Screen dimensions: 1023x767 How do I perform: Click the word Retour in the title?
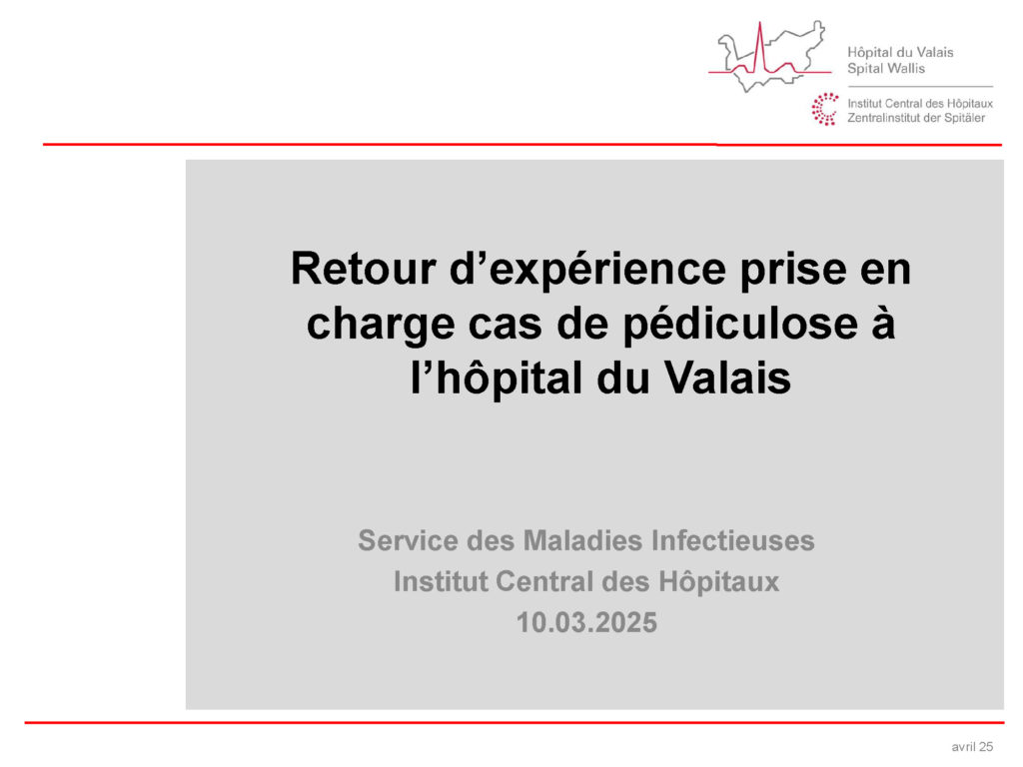[x=364, y=269]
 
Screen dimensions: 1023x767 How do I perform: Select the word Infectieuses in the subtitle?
[x=733, y=540]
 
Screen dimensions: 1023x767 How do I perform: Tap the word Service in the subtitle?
[x=409, y=540]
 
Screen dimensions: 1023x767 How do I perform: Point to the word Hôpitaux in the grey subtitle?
[x=719, y=582]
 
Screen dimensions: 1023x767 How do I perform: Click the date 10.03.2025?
[x=586, y=623]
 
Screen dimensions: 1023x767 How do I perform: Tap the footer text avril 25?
[x=972, y=747]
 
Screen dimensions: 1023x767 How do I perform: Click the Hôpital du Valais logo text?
[x=900, y=52]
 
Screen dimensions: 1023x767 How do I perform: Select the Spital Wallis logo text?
[x=886, y=69]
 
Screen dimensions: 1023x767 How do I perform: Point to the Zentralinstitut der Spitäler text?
[x=916, y=118]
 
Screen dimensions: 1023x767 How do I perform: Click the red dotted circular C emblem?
[x=824, y=109]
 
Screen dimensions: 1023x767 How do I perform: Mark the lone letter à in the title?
[x=883, y=323]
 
